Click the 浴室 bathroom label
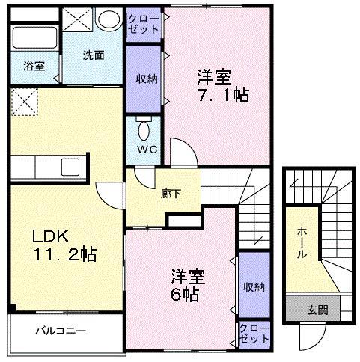coord(34,66)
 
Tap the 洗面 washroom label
coord(94,55)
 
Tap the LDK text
coord(49,236)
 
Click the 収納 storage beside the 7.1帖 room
coord(144,79)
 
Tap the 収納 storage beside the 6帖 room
coord(253,286)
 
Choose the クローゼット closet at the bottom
coord(253,333)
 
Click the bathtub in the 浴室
coord(36,37)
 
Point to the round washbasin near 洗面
coord(109,19)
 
